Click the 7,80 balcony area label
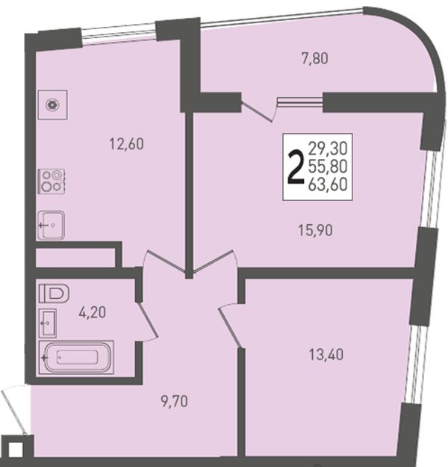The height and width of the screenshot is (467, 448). (x=315, y=58)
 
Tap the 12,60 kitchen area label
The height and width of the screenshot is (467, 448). (x=126, y=144)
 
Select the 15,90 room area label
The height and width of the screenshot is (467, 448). (x=316, y=230)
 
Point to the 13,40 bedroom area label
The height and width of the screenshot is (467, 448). (x=326, y=355)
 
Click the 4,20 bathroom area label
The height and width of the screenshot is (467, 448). (x=93, y=312)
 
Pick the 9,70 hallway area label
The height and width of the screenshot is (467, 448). (x=175, y=402)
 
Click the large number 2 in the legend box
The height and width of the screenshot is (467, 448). (x=295, y=167)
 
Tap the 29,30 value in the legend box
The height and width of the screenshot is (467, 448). (x=328, y=149)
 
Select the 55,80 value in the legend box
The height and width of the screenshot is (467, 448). (x=328, y=167)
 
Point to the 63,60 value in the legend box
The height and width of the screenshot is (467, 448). (x=328, y=185)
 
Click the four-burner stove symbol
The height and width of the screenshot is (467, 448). (x=52, y=182)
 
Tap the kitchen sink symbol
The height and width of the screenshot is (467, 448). (x=52, y=225)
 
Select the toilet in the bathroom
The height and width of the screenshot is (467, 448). (x=54, y=294)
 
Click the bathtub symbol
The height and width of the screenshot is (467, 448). (x=76, y=357)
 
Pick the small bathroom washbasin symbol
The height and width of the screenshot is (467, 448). (x=48, y=323)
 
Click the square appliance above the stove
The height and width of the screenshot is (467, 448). (x=53, y=105)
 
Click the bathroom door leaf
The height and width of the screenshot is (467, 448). (x=147, y=321)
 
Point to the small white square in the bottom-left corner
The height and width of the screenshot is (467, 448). (x=16, y=449)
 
